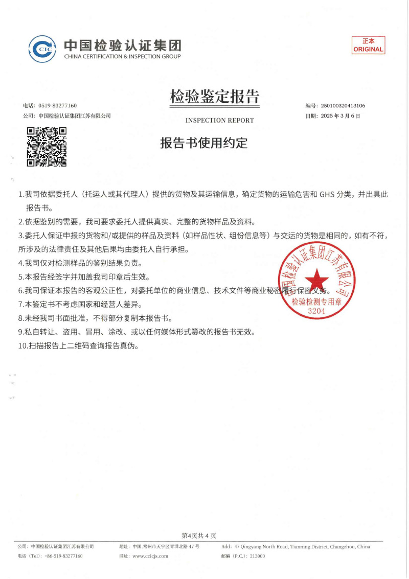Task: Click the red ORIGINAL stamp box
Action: coord(368,45)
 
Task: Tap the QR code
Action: coord(47,146)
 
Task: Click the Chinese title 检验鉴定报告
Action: coord(215,96)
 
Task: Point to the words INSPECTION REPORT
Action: coord(219,121)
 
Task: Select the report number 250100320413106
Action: coord(343,106)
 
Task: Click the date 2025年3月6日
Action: coord(340,116)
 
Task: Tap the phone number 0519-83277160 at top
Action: coord(57,106)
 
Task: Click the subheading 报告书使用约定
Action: coord(204,144)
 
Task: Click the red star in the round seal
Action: coord(317,280)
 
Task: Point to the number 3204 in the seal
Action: coord(316,310)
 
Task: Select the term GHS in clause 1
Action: coord(328,195)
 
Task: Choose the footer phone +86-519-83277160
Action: coord(63,556)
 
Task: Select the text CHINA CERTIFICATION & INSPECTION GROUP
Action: coord(122,56)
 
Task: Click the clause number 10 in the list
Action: coord(22,345)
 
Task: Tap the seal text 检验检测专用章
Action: coord(316,302)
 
